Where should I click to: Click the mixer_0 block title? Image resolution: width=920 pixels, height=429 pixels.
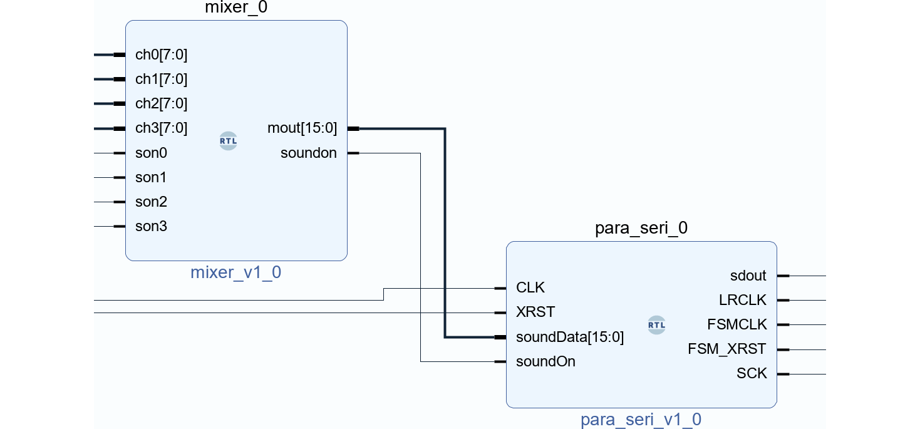[236, 8]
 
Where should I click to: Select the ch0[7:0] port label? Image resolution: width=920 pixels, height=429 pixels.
[161, 55]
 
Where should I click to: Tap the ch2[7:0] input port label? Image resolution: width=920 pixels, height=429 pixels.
[161, 104]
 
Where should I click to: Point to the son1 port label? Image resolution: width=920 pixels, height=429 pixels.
[151, 178]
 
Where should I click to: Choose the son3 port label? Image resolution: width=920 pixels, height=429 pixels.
[151, 227]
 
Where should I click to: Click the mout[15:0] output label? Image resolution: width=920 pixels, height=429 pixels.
[302, 128]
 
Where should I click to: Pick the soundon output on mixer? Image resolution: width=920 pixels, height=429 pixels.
[308, 153]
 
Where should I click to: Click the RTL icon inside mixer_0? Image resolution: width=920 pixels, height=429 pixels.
[228, 141]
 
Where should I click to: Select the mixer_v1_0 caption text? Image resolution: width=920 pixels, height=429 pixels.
[235, 273]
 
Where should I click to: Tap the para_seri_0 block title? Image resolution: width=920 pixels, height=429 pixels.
[641, 229]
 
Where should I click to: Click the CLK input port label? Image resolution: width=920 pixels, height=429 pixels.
[530, 288]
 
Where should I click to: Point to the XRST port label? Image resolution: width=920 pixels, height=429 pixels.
[535, 313]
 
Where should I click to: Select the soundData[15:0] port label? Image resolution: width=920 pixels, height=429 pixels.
[569, 338]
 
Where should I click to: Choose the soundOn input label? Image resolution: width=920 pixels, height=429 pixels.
[545, 362]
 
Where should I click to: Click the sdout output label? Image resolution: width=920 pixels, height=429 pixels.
[748, 276]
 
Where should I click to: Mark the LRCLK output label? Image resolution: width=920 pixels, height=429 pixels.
[742, 301]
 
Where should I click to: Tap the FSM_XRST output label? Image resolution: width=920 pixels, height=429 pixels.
[726, 349]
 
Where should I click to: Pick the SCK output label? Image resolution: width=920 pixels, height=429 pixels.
[752, 374]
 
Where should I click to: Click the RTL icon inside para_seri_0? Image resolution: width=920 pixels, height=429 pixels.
[656, 325]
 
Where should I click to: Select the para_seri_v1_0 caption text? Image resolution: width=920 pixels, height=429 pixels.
[641, 420]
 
